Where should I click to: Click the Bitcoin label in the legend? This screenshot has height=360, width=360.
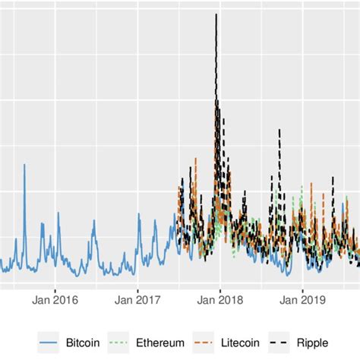click(83, 343)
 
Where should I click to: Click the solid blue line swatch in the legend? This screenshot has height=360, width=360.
click(50, 343)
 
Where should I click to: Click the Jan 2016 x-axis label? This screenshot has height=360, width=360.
click(55, 300)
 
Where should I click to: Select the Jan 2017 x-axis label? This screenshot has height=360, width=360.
click(137, 300)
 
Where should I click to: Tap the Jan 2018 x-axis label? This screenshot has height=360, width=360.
click(220, 300)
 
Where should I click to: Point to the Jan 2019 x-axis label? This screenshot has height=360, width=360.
click(302, 300)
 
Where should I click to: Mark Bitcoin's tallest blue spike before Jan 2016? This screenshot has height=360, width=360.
click(24, 165)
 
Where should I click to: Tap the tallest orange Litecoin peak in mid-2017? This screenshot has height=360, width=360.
click(195, 159)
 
